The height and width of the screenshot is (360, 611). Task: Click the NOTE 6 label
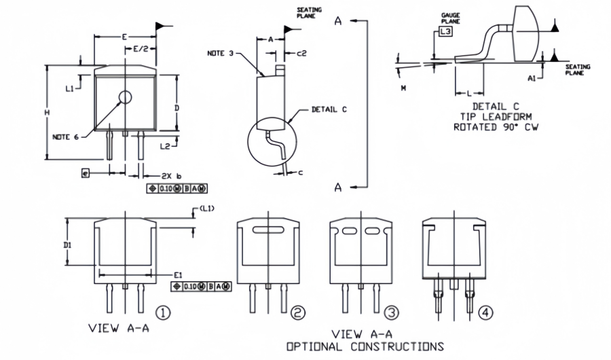(x=66, y=137)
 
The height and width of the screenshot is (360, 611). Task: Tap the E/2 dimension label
(x=141, y=49)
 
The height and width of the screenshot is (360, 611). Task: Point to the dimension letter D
(x=176, y=107)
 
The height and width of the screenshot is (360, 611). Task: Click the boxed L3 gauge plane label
(x=445, y=31)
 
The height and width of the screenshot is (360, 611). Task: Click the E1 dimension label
(x=178, y=274)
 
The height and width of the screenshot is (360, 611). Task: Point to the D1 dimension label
(x=68, y=242)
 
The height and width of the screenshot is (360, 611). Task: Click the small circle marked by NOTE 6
(x=125, y=97)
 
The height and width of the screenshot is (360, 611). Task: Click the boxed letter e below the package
(x=84, y=174)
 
